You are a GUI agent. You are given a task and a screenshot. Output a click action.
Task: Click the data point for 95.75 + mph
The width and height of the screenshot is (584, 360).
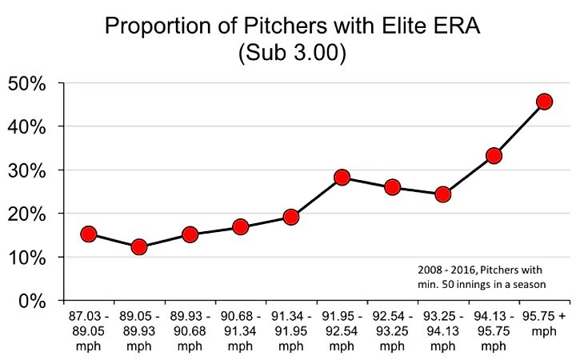(x=545, y=102)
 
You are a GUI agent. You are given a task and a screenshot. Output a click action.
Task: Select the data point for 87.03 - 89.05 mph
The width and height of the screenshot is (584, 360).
(x=89, y=234)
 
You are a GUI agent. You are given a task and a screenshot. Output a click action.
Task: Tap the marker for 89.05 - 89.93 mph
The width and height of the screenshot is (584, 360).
(x=139, y=247)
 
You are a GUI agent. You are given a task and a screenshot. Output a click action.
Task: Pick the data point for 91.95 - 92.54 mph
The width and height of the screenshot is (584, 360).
(x=342, y=178)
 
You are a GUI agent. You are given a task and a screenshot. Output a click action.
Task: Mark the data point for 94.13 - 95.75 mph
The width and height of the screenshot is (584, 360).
(x=494, y=156)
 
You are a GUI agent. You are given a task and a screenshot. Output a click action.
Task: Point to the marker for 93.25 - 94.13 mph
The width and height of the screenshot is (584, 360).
(x=443, y=194)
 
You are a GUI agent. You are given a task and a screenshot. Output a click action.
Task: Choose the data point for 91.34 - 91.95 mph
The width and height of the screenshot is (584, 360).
(x=291, y=217)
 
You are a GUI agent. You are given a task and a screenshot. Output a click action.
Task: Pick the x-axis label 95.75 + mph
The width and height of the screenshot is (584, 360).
(x=545, y=323)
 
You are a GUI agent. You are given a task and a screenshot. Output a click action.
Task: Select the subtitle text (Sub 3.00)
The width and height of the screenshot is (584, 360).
(x=292, y=54)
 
